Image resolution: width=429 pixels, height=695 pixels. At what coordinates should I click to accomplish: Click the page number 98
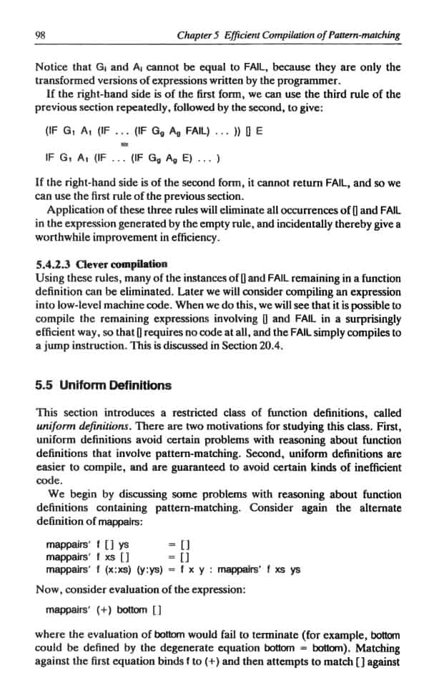pos(40,34)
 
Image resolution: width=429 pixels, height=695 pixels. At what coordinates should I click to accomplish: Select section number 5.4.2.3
pos(55,264)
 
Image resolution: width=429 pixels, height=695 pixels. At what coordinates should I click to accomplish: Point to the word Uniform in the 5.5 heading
pos(84,385)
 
